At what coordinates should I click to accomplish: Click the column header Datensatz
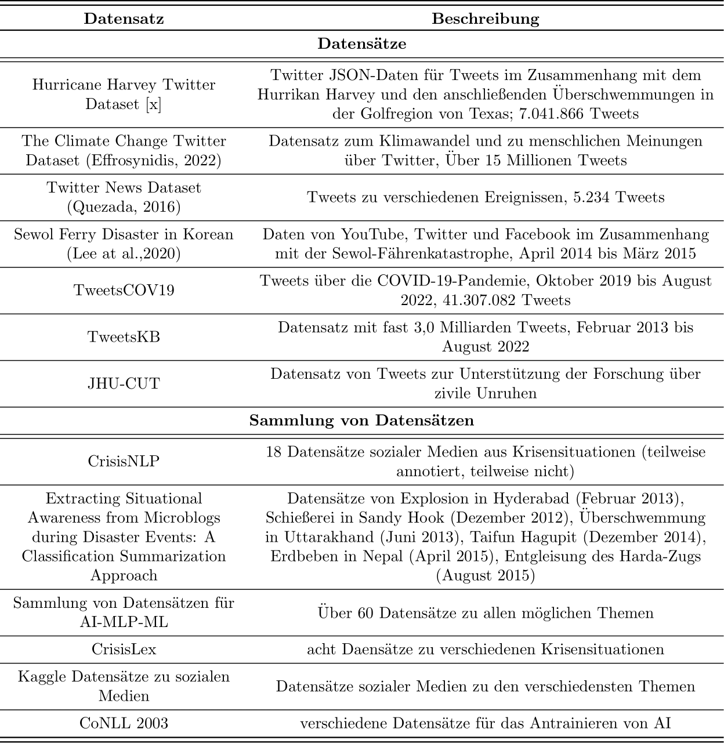[x=124, y=19]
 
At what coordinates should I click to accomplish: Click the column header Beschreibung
[x=486, y=19]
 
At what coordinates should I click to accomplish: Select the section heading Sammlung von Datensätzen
[x=361, y=421]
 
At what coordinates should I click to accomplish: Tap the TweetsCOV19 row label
[x=124, y=290]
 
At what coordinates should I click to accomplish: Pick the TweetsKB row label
[x=124, y=337]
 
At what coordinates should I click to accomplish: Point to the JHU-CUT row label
[x=124, y=383]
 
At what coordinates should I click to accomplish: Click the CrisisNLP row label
[x=124, y=461]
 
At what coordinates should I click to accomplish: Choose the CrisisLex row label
[x=124, y=649]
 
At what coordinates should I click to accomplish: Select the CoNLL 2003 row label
[x=124, y=723]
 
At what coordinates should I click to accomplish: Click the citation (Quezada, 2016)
[x=124, y=206]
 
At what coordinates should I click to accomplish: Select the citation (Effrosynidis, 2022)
[x=153, y=160]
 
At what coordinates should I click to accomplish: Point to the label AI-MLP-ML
[x=124, y=622]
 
